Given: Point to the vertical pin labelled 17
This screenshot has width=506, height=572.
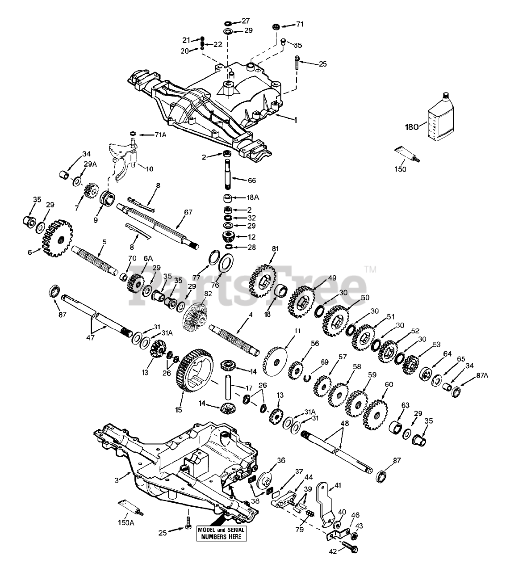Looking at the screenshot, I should [x=228, y=387].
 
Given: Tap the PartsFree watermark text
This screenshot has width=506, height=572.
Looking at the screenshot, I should [x=248, y=286].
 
